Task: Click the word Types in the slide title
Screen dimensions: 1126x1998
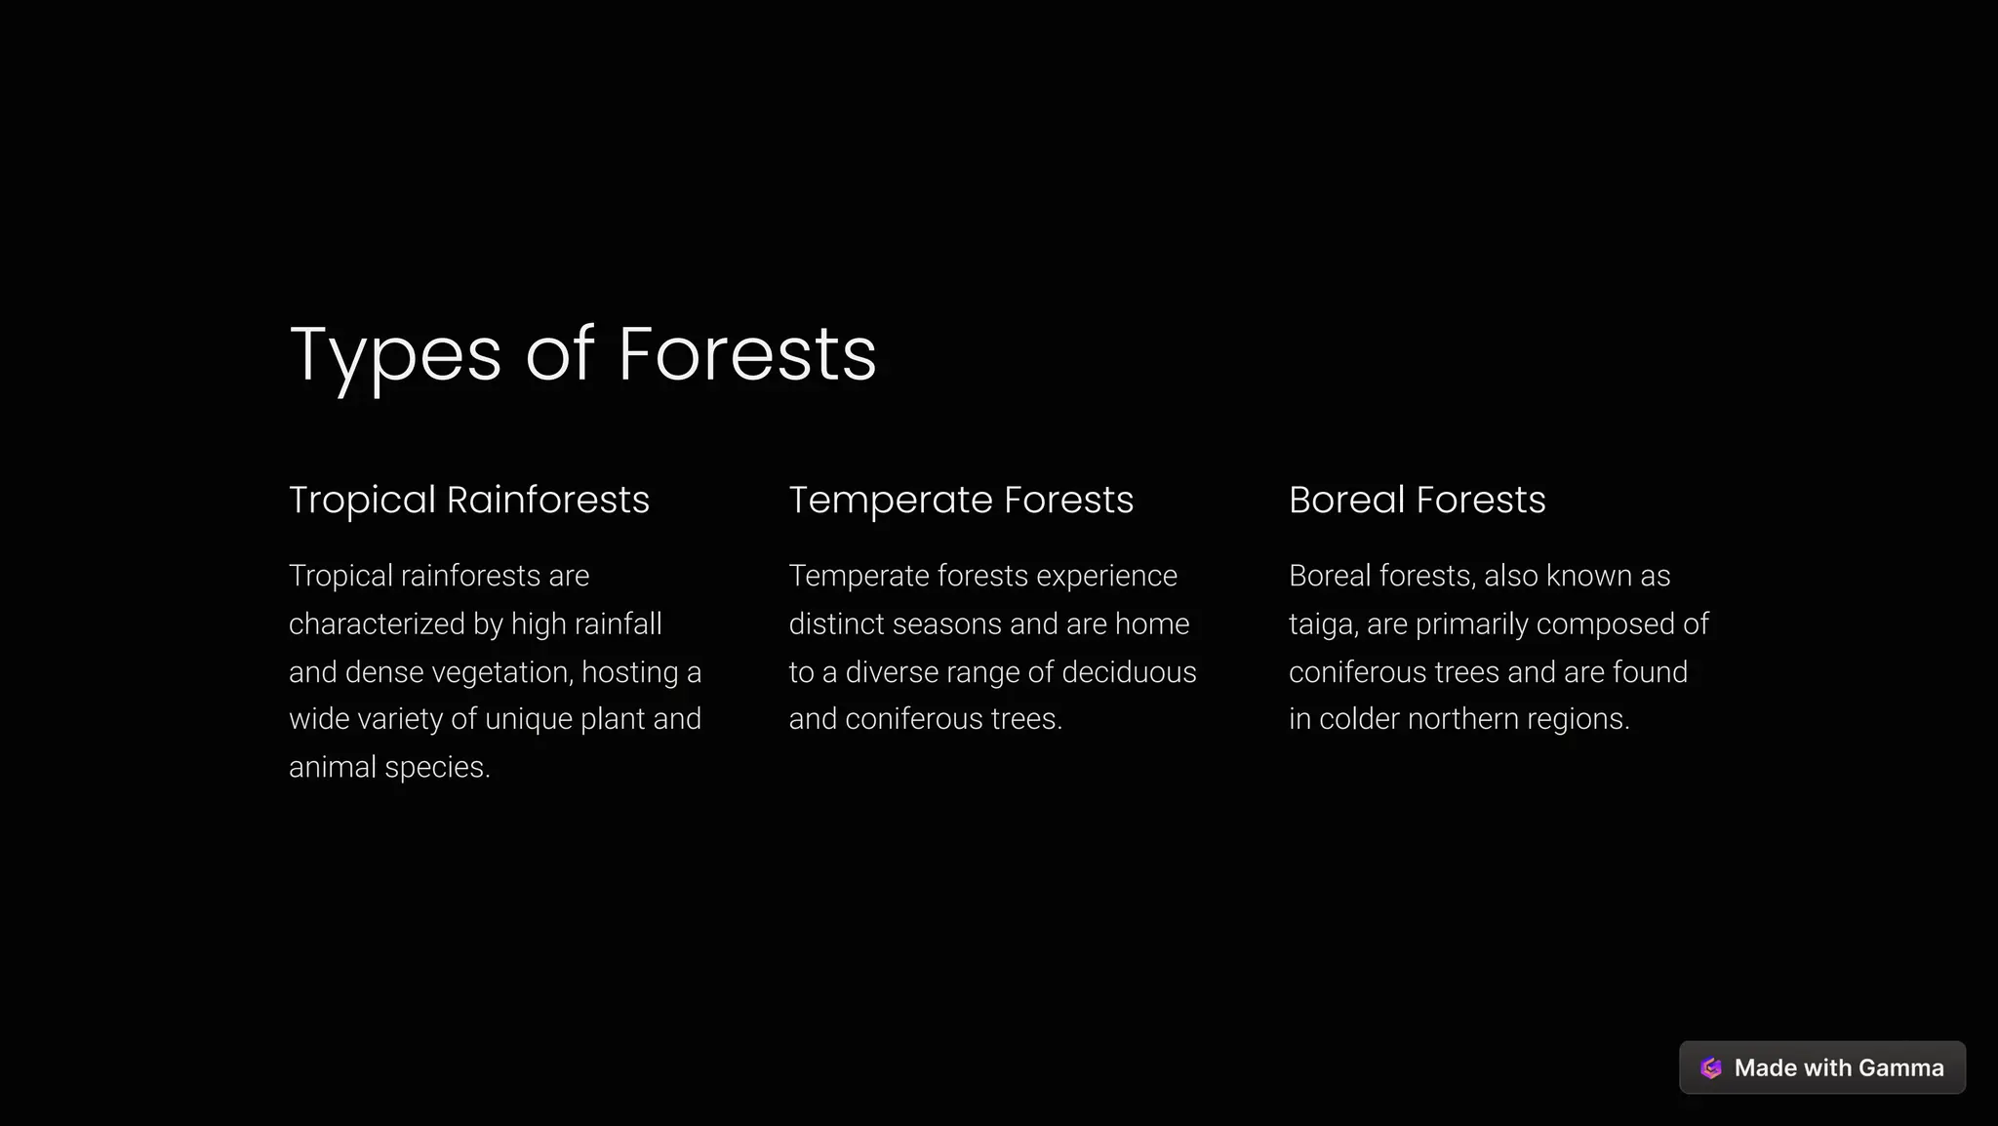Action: tap(395, 355)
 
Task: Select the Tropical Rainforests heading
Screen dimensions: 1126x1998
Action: tap(469, 500)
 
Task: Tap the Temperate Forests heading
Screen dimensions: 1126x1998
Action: tap(961, 500)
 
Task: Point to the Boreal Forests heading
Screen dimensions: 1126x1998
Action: tap(1417, 500)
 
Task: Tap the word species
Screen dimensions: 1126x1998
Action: tap(437, 768)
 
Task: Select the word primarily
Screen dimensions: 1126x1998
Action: tap(1471, 624)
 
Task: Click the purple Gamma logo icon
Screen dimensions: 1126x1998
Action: tap(1711, 1067)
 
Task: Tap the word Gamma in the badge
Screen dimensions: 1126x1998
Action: tap(1900, 1067)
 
